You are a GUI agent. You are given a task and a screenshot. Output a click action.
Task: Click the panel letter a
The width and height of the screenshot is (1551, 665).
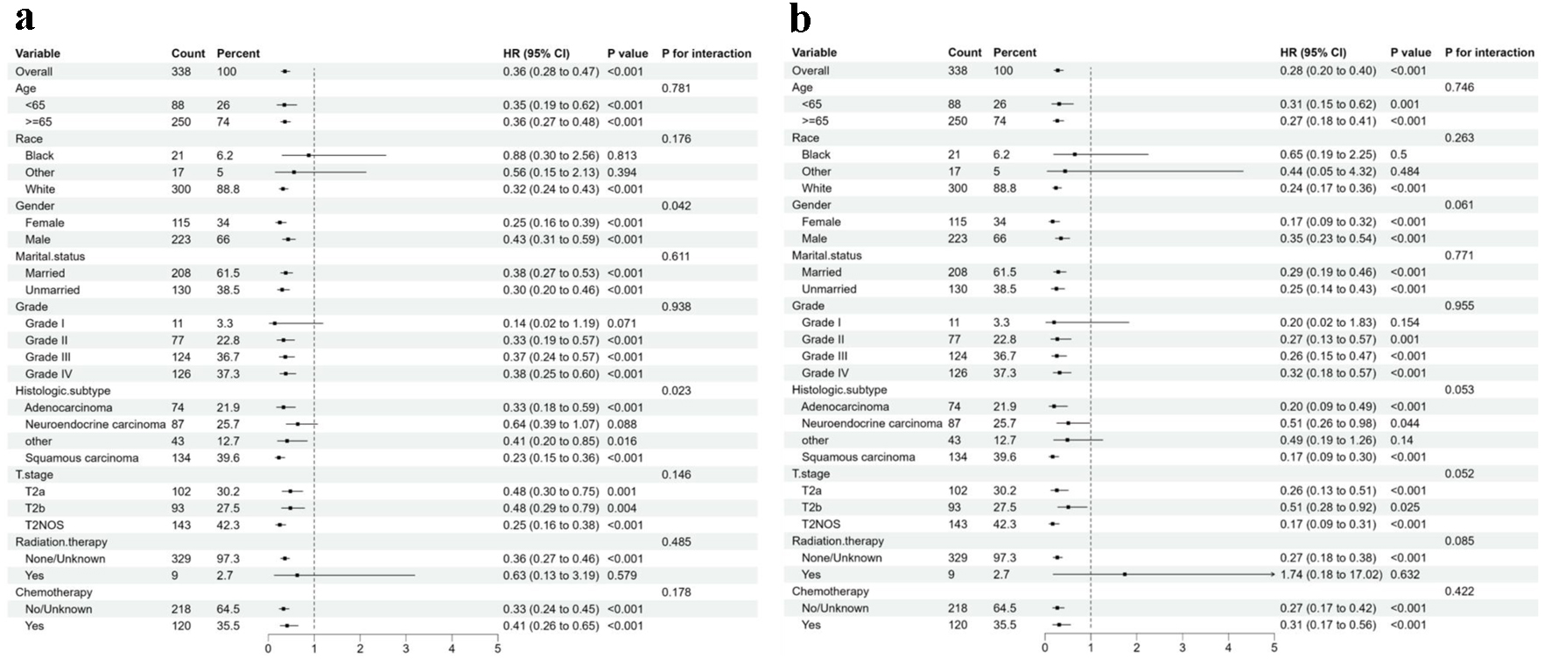pos(25,18)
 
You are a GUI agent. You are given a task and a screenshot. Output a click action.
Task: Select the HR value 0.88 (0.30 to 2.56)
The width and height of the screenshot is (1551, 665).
pos(551,156)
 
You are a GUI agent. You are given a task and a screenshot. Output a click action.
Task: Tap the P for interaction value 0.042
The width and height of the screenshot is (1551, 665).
pos(677,206)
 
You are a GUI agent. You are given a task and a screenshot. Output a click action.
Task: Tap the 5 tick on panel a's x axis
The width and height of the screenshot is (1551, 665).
pos(497,649)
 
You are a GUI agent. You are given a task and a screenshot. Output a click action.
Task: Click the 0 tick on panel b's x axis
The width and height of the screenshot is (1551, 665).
pos(1045,648)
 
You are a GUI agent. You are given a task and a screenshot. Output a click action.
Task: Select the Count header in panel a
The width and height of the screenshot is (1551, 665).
pos(188,53)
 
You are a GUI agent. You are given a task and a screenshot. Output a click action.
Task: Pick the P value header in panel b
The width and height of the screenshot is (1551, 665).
pos(1411,53)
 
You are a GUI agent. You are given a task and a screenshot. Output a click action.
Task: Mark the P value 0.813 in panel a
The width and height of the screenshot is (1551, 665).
pos(622,156)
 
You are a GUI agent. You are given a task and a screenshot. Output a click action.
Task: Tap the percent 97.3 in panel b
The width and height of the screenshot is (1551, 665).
pos(1005,558)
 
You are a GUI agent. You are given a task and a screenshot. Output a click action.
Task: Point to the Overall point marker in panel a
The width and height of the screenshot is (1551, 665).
pos(285,72)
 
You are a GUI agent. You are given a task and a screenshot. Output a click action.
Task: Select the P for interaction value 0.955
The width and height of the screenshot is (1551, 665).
pos(1459,306)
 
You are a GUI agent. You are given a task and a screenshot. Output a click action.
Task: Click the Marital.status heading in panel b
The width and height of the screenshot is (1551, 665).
pos(827,256)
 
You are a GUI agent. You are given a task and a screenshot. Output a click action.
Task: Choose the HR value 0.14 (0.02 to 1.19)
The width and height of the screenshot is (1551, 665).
pos(551,324)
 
